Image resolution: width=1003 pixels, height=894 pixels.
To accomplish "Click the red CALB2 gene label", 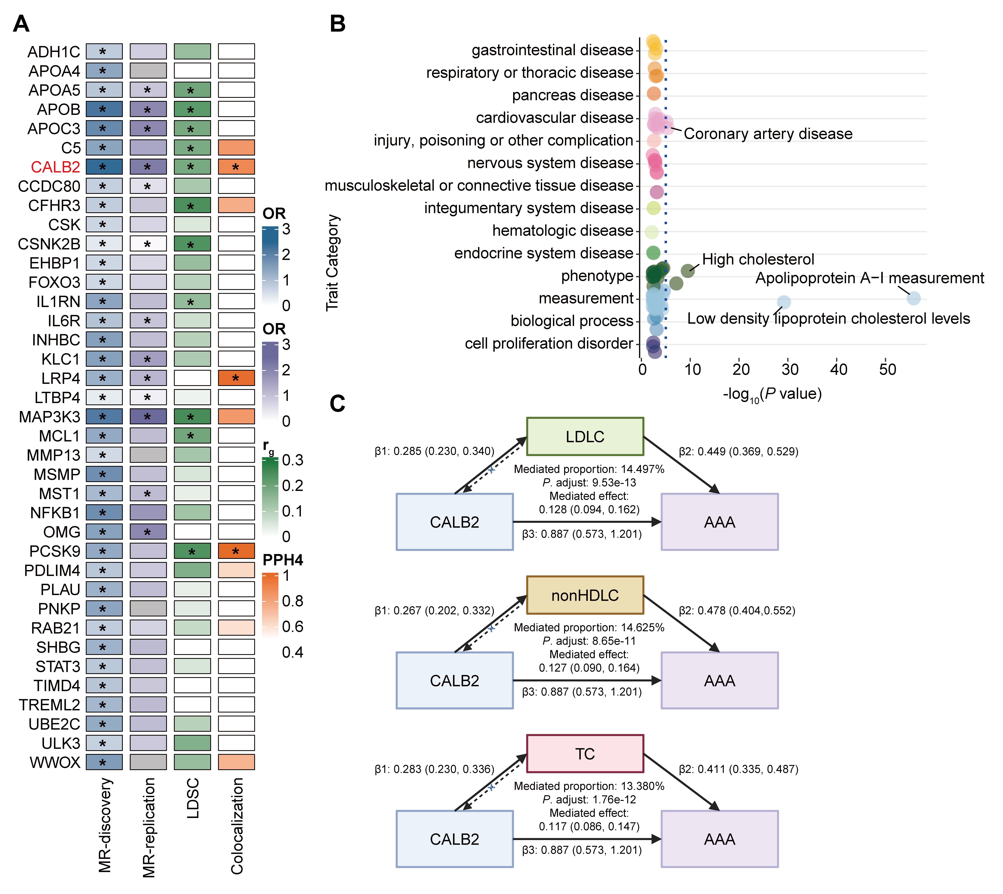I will pyautogui.click(x=55, y=167).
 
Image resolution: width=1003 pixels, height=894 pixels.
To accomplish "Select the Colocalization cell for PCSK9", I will pyautogui.click(x=236, y=551).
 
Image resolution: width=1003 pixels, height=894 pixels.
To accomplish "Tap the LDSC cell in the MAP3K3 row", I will pyautogui.click(x=192, y=417).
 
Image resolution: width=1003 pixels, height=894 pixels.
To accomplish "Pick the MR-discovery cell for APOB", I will pyautogui.click(x=104, y=109).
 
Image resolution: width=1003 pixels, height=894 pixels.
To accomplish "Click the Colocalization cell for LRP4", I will pyautogui.click(x=236, y=378).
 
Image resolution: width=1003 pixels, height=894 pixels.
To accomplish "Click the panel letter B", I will pyautogui.click(x=337, y=24).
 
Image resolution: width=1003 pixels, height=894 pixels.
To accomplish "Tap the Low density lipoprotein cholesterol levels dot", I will pyautogui.click(x=784, y=302).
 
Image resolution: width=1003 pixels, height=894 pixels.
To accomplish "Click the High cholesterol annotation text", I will pyautogui.click(x=758, y=259).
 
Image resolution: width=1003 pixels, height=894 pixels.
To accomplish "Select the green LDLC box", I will pyautogui.click(x=585, y=436).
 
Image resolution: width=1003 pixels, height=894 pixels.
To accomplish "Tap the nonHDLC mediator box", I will pyautogui.click(x=585, y=595).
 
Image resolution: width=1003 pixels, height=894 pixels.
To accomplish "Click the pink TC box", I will pyautogui.click(x=585, y=754).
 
